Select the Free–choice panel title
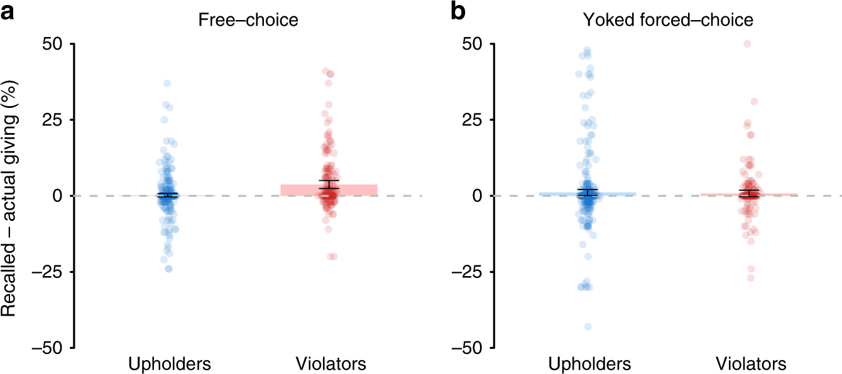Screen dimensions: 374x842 248,20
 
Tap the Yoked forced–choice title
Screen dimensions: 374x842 667,20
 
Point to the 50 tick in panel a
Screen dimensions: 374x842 55,44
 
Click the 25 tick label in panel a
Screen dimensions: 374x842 55,120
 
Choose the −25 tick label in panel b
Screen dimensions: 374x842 468,272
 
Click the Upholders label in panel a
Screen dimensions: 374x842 170,364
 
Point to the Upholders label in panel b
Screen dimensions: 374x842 589,364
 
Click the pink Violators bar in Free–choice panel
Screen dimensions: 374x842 358,190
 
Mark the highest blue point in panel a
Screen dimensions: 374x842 167,83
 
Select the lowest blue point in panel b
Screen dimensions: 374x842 588,326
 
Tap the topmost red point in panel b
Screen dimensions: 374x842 747,44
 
